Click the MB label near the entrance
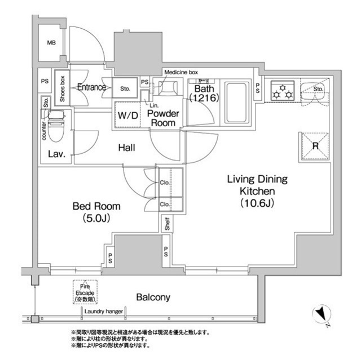pos(51,43)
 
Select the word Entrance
pos(91,87)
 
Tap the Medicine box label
pos(181,72)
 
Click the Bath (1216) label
pos(202,94)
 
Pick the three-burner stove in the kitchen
pos(281,90)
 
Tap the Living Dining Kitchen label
pos(257,191)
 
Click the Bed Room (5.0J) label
pos(96,212)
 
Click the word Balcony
pos(153,297)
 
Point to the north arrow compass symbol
pos(322,313)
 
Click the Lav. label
pos(55,154)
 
